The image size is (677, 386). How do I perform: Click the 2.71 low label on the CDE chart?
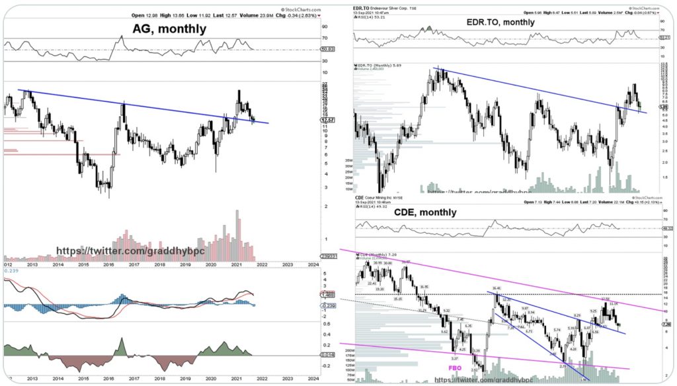coord(562,365)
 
